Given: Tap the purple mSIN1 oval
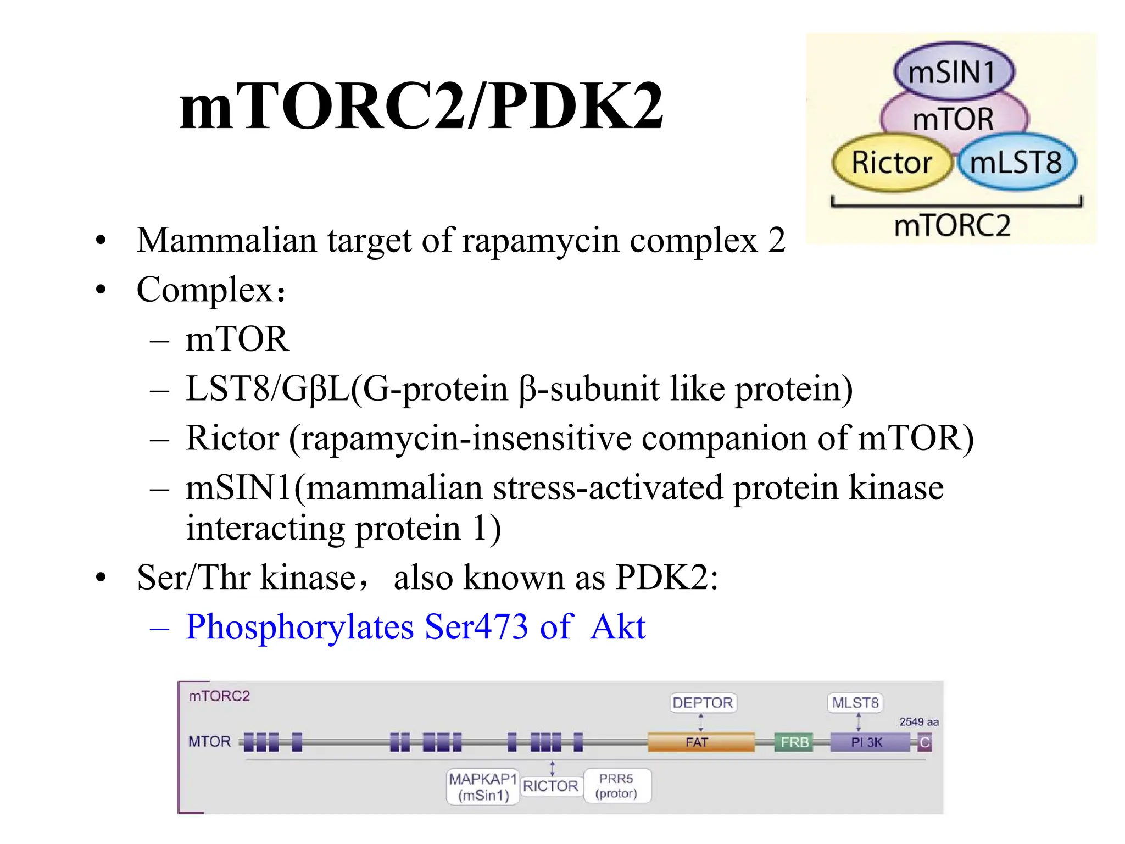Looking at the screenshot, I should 954,72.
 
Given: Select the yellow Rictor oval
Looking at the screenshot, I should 891,162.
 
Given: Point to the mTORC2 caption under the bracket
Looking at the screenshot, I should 952,225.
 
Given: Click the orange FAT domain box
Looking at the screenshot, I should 700,742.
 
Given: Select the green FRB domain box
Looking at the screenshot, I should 794,742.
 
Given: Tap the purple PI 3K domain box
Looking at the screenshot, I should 868,742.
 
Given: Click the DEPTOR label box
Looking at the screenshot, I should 703,703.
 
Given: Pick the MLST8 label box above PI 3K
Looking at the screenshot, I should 855,703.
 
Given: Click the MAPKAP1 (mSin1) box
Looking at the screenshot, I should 483,787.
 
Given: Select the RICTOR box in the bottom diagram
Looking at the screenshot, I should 550,786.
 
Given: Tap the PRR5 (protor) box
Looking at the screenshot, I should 616,786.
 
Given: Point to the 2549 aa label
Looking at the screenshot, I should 918,722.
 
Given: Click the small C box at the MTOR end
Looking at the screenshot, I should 924,743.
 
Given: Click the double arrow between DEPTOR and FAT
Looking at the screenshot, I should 701,722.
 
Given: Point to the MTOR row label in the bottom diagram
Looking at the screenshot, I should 209,742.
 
